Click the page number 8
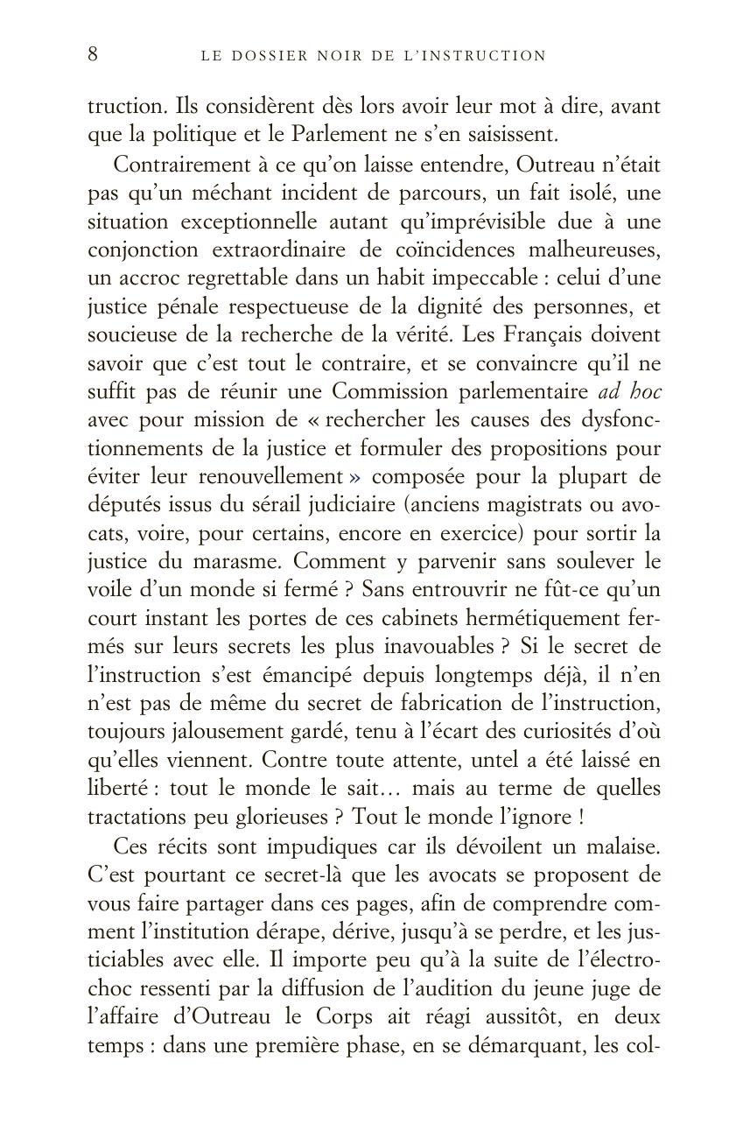tap(93, 54)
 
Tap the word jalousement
tap(199, 731)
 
